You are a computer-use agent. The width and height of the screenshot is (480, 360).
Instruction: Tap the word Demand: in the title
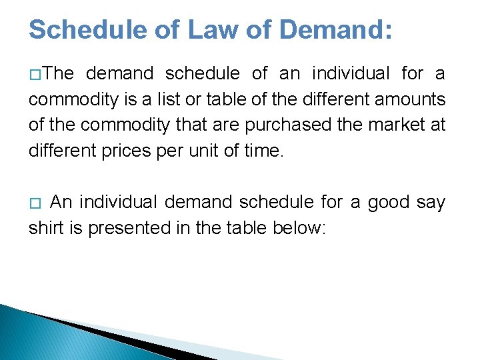pos(336,30)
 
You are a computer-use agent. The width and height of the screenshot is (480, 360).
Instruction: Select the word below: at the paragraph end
pos(300,228)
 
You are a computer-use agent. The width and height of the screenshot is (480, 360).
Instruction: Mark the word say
pos(431,203)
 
